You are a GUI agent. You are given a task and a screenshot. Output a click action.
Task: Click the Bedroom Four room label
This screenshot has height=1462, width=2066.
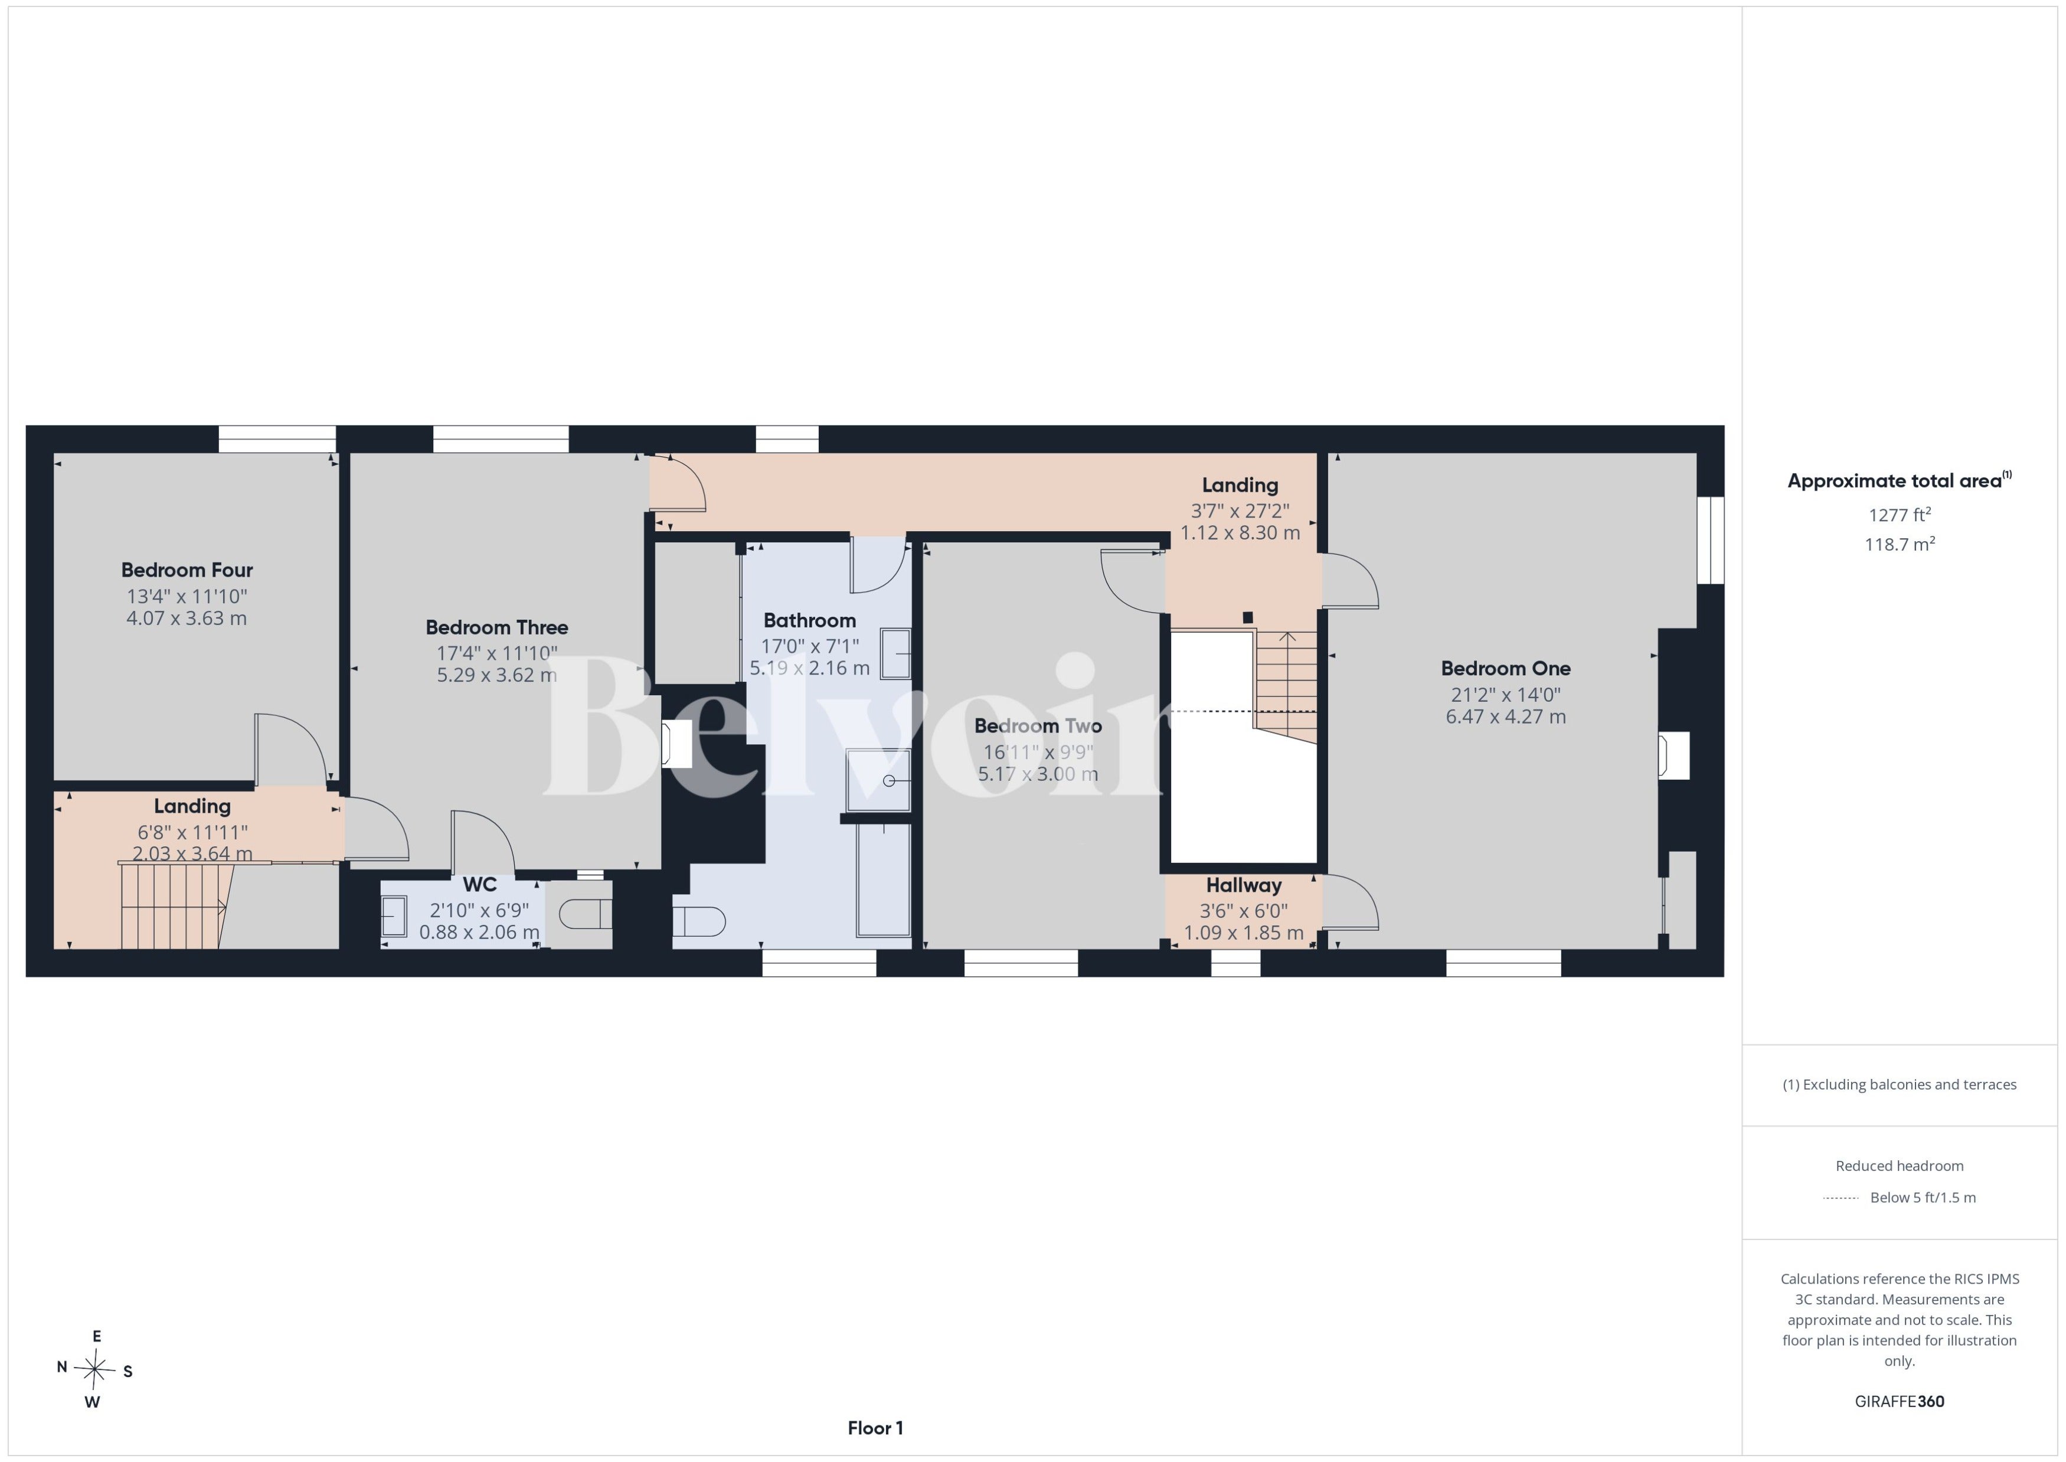pyautogui.click(x=187, y=570)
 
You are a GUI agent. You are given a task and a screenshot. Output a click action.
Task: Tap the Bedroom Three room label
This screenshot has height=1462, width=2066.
pyautogui.click(x=497, y=627)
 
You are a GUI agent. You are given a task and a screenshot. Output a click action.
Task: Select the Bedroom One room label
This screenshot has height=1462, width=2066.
pyautogui.click(x=1505, y=668)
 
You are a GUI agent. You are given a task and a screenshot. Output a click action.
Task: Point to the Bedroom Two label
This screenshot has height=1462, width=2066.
pyautogui.click(x=1038, y=725)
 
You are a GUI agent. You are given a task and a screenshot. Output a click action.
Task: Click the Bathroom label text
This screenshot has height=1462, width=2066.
pyautogui.click(x=809, y=620)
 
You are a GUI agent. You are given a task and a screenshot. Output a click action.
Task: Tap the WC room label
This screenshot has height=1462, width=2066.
pyautogui.click(x=480, y=885)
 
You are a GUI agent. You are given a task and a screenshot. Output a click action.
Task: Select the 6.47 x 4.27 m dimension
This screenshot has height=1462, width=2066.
pyautogui.click(x=1505, y=717)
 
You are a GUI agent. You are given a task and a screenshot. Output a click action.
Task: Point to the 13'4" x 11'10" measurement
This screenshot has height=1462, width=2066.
pyautogui.click(x=187, y=596)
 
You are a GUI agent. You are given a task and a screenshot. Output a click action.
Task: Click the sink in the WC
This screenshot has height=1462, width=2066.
pyautogui.click(x=393, y=917)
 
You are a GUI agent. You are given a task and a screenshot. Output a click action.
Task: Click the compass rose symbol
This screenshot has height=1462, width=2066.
pyautogui.click(x=94, y=1369)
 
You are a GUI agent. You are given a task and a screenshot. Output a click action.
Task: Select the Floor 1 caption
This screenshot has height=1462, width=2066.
pyautogui.click(x=875, y=1428)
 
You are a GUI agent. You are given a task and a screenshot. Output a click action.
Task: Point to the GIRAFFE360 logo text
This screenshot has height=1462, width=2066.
pyautogui.click(x=1900, y=1402)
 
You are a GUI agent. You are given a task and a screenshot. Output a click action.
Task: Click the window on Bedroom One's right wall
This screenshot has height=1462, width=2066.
pyautogui.click(x=1711, y=540)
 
